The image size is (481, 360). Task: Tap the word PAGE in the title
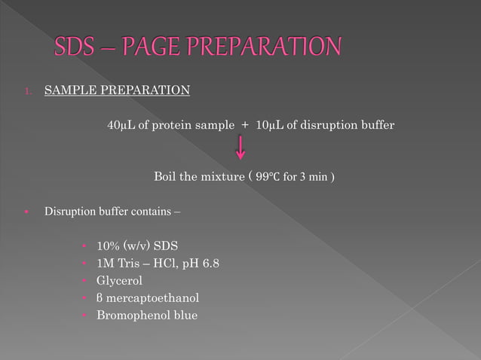147,47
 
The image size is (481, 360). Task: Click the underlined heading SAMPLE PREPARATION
117,91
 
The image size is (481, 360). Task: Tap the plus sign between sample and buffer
246,124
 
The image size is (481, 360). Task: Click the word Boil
166,177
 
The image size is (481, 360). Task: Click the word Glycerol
119,281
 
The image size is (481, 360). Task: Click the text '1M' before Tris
105,264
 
